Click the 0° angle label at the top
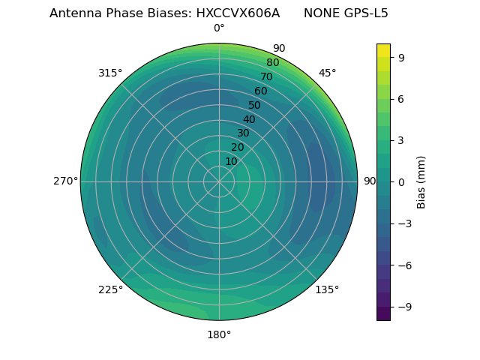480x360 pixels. pos(219,28)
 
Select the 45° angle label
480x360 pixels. pos(327,73)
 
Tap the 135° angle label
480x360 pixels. pos(327,289)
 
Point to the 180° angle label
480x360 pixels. pos(219,334)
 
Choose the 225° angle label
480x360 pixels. pos(110,289)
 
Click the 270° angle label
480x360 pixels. pos(65,181)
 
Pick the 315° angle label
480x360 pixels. pos(110,73)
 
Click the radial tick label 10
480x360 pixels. pos(231,161)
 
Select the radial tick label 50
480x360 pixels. pos(255,105)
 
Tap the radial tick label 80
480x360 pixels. pos(272,63)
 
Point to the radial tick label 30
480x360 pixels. pos(243,133)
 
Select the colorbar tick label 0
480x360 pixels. pos(402,181)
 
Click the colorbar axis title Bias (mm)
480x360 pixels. pos(421,181)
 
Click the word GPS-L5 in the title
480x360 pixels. pos(364,13)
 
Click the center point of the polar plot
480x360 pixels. pos(219,181)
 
